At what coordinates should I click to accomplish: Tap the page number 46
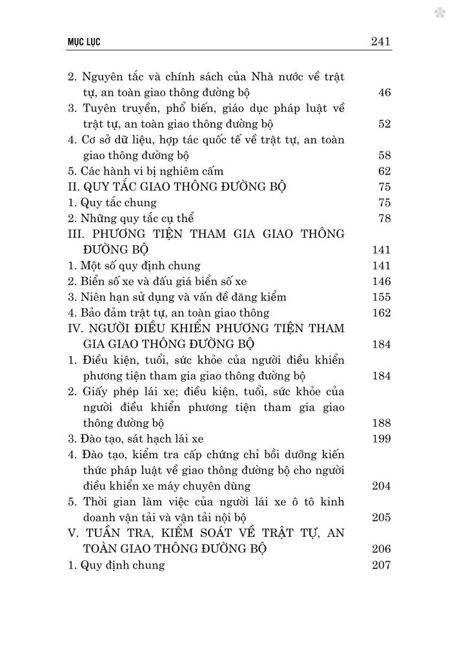click(385, 93)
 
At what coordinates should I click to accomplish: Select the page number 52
click(385, 125)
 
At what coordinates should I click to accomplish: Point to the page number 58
click(385, 156)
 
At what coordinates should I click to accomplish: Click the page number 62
click(385, 172)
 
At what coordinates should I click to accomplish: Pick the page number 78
click(385, 219)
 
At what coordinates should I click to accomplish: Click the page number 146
click(382, 281)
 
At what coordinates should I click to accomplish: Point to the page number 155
click(382, 297)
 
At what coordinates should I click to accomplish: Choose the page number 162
click(382, 313)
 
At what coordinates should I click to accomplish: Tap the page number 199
click(382, 439)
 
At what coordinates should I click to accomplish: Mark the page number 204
click(382, 486)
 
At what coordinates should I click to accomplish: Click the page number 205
click(382, 517)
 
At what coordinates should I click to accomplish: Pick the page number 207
click(382, 564)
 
